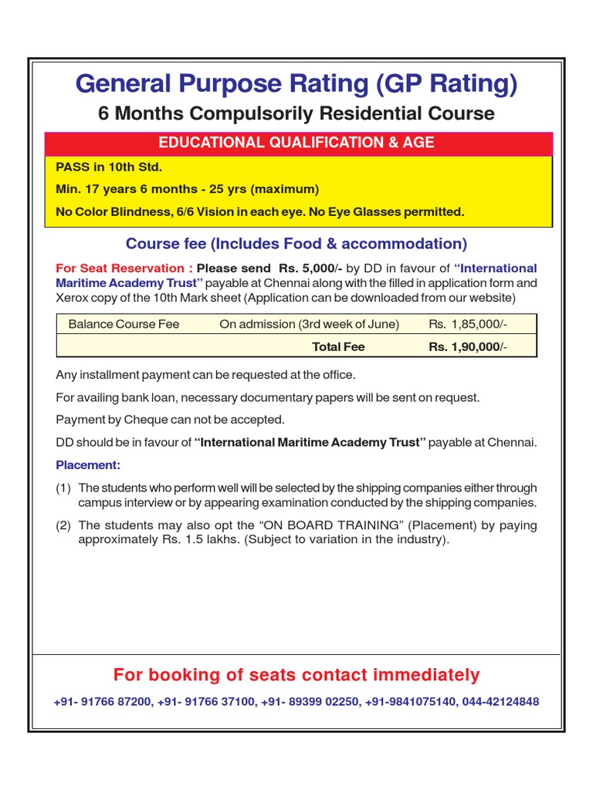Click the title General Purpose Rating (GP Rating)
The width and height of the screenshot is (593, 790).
[296, 83]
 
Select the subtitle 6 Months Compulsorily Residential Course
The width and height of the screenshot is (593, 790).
[296, 113]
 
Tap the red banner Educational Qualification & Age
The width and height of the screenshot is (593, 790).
[296, 143]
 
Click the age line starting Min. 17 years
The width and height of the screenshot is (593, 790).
[187, 189]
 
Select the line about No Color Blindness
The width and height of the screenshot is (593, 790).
[259, 211]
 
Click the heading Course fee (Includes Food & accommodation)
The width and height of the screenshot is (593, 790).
[296, 244]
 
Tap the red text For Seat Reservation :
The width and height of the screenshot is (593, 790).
[124, 268]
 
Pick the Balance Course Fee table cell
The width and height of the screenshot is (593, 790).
[124, 324]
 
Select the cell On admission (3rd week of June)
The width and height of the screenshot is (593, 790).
[309, 324]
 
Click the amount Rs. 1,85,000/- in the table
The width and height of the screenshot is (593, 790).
[469, 324]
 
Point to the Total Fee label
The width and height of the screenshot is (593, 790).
[338, 347]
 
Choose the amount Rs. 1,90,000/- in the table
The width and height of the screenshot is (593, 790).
[469, 347]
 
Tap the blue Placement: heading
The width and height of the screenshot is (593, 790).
[88, 465]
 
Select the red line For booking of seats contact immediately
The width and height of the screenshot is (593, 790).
[296, 675]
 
